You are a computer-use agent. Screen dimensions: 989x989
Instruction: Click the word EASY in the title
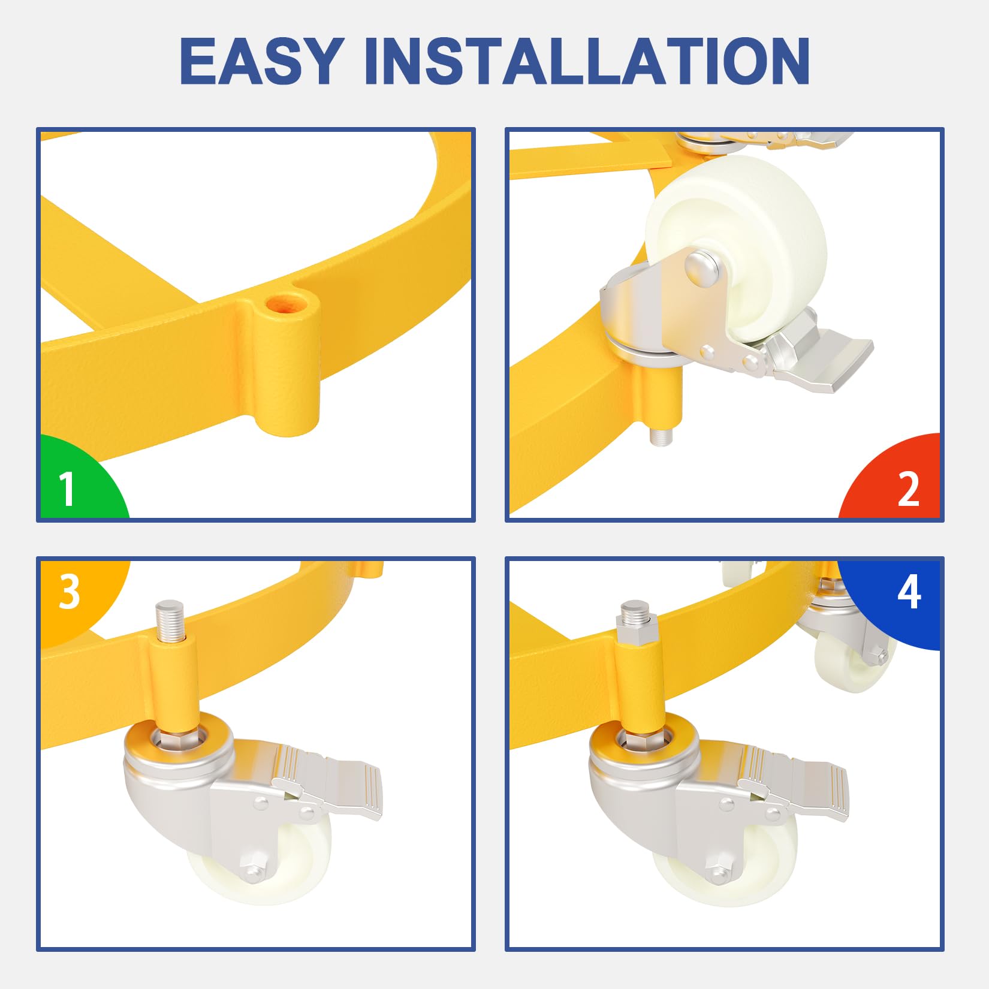(262, 61)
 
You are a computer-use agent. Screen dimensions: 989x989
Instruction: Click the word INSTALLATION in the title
(587, 61)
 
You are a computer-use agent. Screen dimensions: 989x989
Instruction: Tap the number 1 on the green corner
(67, 489)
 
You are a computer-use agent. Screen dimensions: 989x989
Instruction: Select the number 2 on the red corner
(909, 489)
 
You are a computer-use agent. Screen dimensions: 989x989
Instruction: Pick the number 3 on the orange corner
(70, 592)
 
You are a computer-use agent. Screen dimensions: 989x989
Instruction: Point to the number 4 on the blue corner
(909, 592)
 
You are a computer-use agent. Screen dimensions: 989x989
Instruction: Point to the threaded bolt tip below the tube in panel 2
(661, 435)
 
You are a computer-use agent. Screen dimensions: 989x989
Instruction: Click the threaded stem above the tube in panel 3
(168, 620)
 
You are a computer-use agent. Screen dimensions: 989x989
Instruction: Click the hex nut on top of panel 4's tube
(636, 632)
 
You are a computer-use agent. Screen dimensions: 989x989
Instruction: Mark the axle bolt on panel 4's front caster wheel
(719, 872)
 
